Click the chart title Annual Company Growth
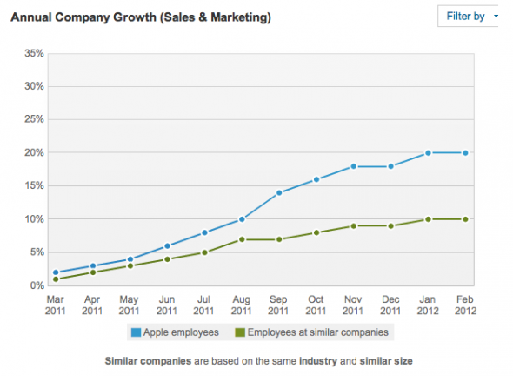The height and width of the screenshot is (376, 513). click(139, 17)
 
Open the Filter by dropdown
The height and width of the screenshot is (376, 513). click(470, 17)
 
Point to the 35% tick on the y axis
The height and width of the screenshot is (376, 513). click(32, 53)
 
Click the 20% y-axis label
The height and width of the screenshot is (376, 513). click(32, 153)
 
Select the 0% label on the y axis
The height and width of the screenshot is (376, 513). click(35, 285)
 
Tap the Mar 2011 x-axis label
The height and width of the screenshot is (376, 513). click(55, 304)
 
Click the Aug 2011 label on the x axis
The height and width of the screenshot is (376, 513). click(241, 304)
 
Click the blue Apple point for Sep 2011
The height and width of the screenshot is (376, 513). click(278, 192)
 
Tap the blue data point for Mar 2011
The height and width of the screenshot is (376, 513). click(56, 272)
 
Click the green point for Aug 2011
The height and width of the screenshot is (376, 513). click(241, 238)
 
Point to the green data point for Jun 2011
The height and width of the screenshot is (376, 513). click(167, 258)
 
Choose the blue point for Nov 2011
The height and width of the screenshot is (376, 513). click(352, 166)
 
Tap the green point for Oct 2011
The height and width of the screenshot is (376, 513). click(315, 232)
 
